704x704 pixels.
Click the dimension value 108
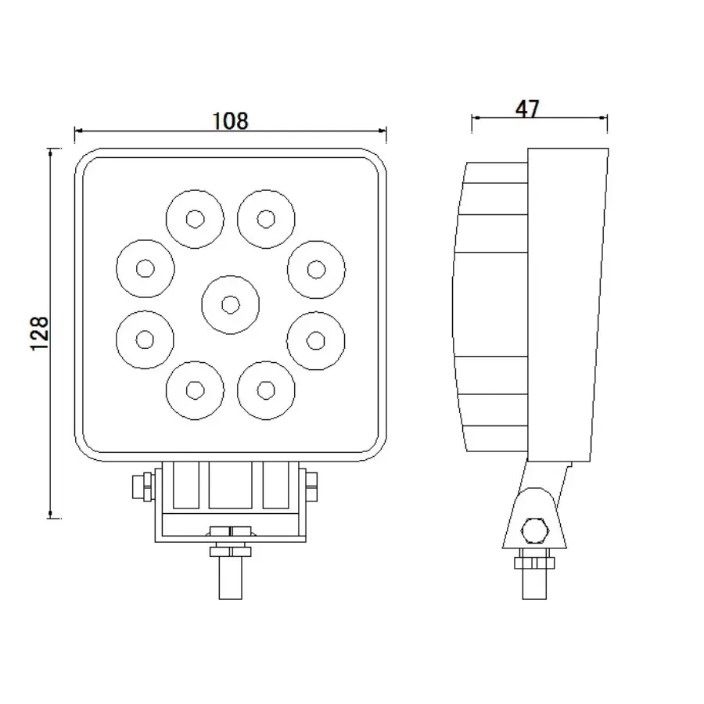230,120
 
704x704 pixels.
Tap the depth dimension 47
528,109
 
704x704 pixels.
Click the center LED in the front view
230,304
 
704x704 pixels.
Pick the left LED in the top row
195,218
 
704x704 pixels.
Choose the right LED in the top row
266,218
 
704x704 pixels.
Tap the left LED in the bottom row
195,389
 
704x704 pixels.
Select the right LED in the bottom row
266,389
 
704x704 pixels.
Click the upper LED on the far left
145,268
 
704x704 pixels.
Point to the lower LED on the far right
316,339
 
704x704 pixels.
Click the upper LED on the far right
316,268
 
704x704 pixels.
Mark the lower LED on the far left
145,339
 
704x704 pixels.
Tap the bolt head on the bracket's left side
142,486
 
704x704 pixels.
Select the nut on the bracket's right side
311,486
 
